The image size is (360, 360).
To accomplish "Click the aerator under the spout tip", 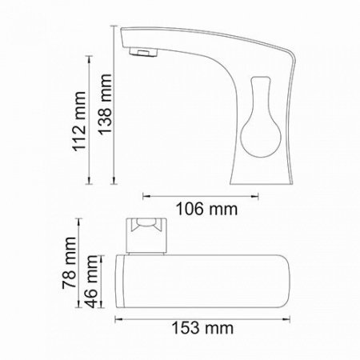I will (142, 54).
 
